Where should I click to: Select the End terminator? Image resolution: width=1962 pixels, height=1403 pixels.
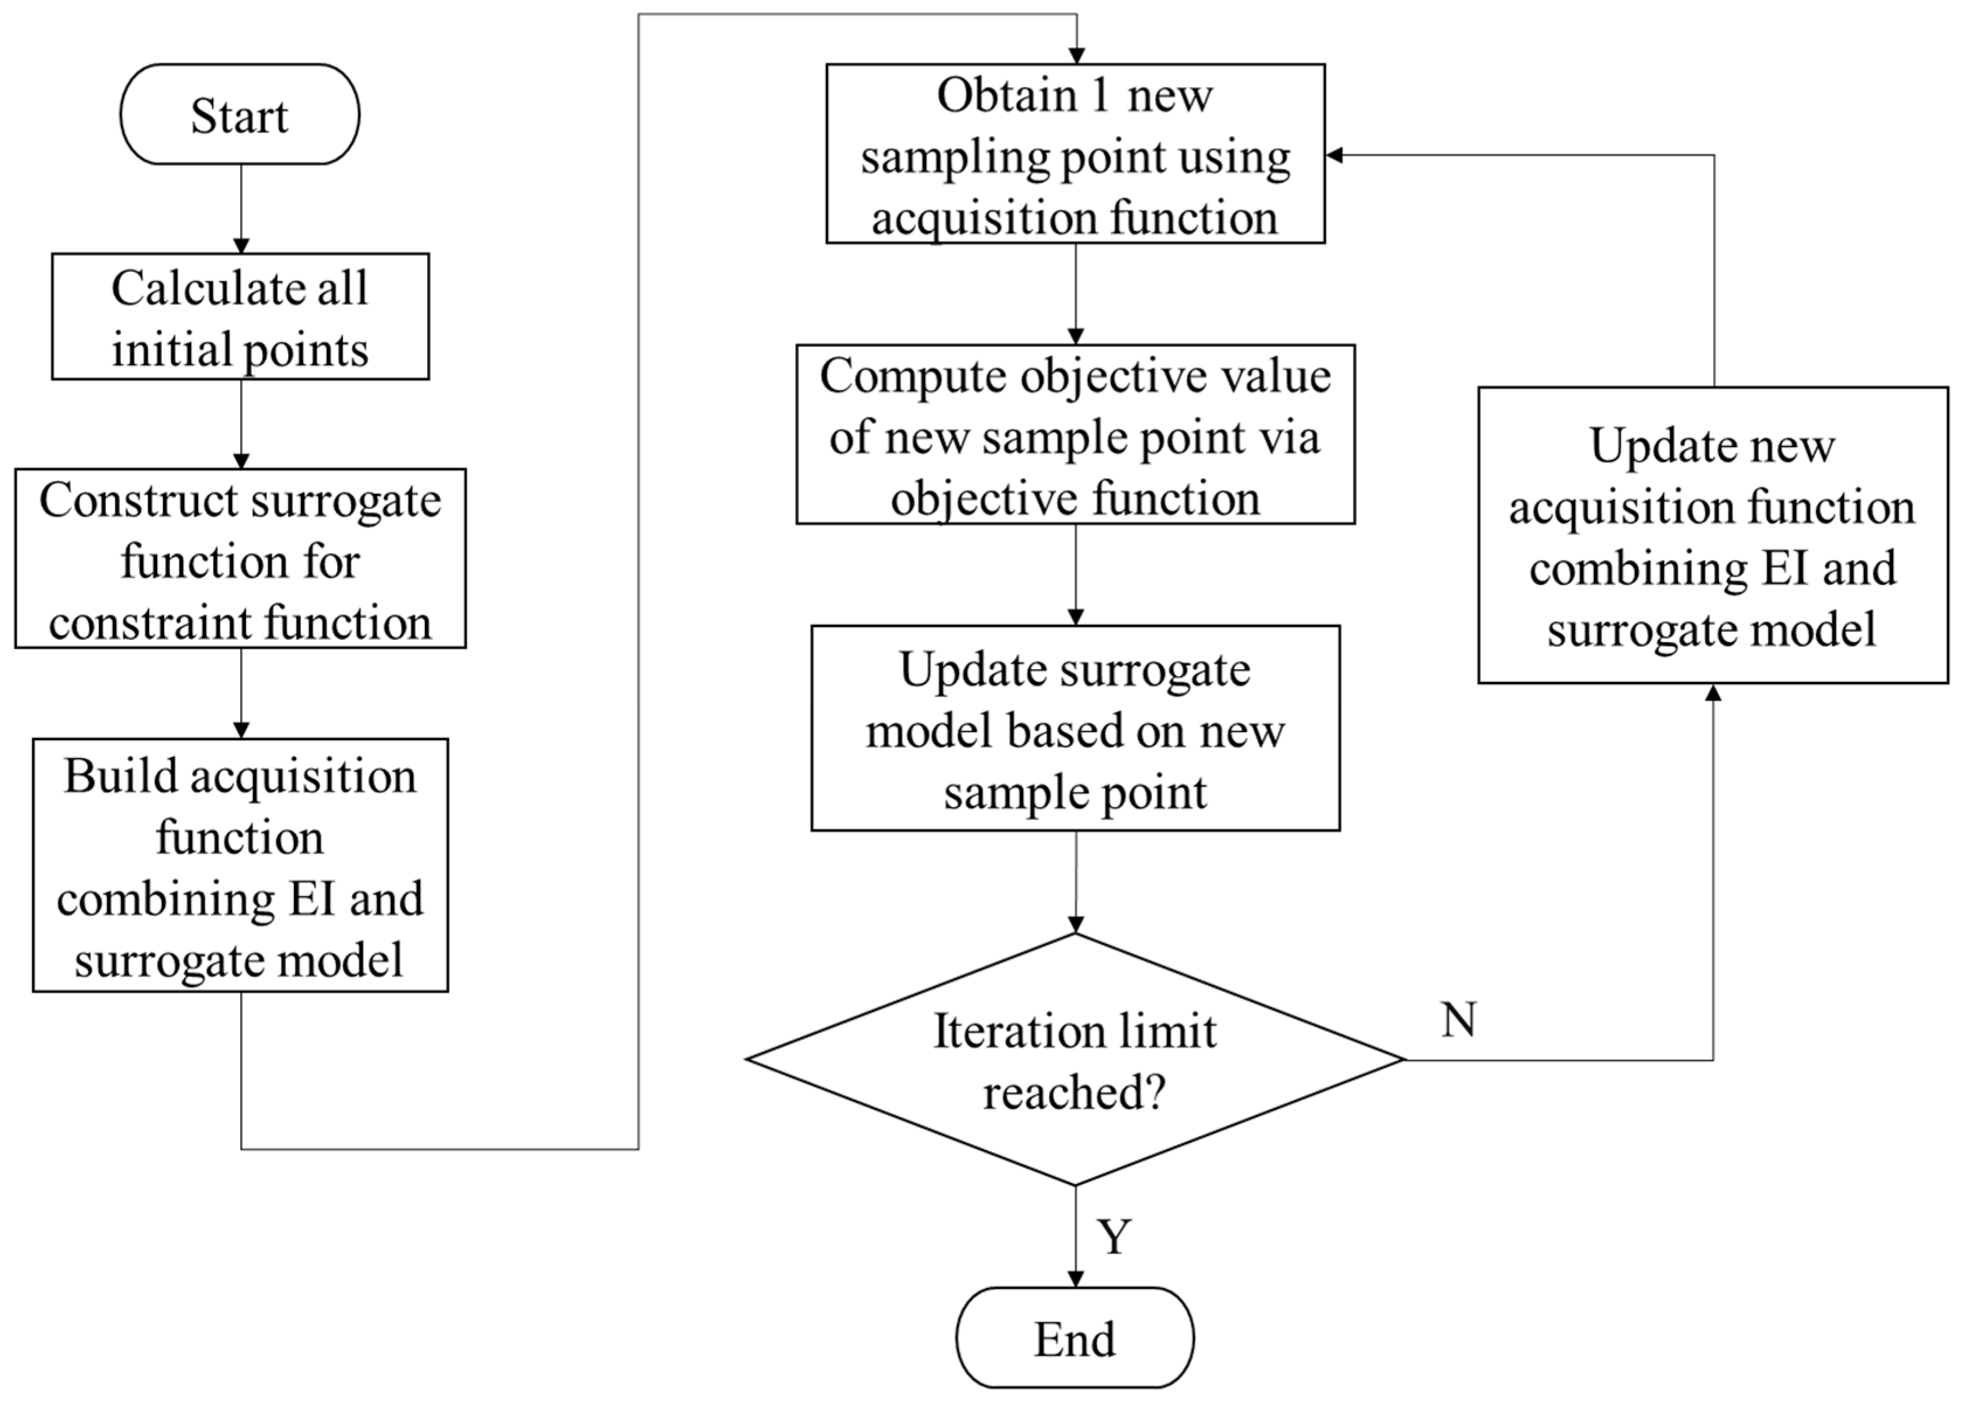[1074, 1338]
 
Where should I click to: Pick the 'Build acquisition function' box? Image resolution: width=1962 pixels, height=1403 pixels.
[240, 865]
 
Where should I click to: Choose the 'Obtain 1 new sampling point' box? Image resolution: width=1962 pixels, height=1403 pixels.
[1074, 154]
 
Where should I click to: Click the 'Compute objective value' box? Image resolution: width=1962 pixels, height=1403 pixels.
[1074, 435]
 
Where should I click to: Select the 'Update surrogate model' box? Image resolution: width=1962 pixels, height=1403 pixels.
[1074, 728]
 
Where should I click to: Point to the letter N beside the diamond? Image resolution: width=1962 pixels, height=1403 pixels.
[1458, 1020]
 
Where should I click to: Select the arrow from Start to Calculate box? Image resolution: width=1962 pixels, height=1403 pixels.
[241, 208]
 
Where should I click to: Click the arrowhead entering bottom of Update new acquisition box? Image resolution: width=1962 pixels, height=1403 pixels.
[1713, 693]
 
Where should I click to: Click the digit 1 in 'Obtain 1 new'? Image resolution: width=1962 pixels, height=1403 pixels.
[1099, 95]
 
